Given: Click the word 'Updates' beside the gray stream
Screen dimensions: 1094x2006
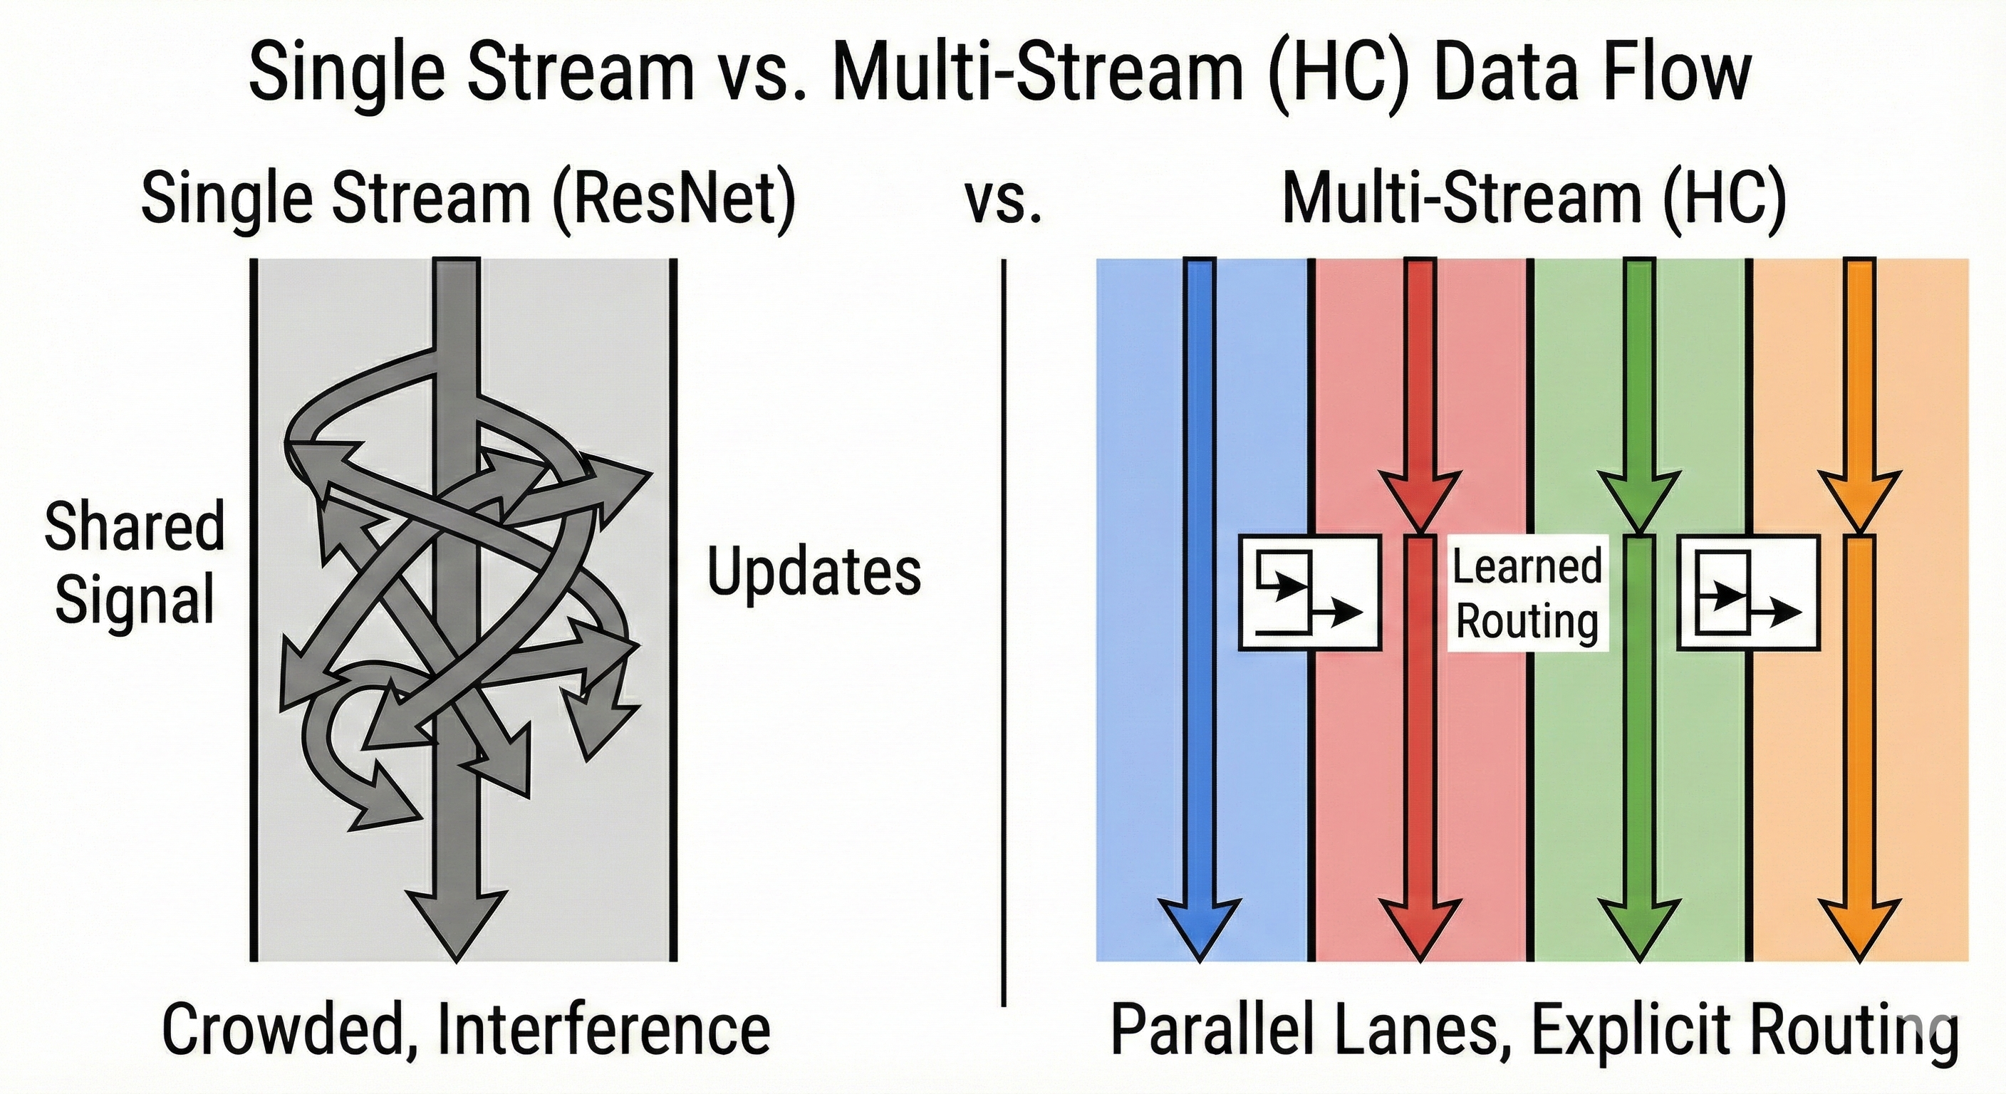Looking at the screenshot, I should (814, 573).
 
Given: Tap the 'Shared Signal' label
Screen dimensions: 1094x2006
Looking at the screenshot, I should (134, 562).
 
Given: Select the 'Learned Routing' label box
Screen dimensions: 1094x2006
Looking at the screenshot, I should (1527, 593).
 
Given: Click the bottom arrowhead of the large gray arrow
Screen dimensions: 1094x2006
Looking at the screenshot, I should (456, 927).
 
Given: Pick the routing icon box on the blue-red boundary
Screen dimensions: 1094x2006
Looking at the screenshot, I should (1309, 593).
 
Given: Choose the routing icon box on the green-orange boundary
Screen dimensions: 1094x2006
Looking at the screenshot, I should (1748, 593).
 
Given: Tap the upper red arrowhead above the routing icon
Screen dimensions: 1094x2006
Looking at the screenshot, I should (1420, 499).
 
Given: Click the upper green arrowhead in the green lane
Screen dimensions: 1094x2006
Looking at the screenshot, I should (1639, 499).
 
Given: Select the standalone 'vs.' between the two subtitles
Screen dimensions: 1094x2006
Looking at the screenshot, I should (1003, 201).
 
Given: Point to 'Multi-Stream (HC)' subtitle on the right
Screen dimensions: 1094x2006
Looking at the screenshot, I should (1533, 199).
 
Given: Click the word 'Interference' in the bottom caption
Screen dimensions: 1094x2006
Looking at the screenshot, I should (603, 1029).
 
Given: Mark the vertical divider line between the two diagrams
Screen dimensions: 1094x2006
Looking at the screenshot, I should (1004, 631).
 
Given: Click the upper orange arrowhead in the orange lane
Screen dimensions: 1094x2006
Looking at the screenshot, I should (1859, 499).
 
